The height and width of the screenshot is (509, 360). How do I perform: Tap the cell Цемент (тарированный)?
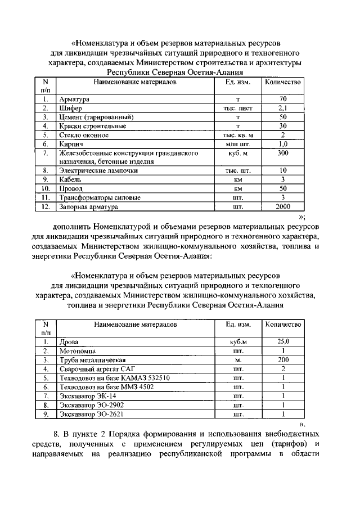pyautogui.click(x=96, y=117)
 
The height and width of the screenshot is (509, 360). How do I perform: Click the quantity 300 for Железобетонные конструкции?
pyautogui.click(x=283, y=153)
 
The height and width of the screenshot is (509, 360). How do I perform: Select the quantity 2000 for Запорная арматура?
pyautogui.click(x=283, y=206)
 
